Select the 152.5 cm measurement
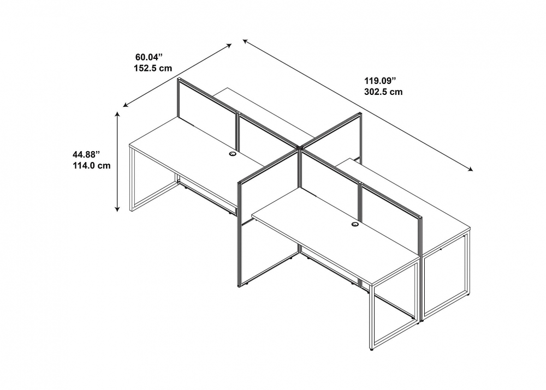coord(153,68)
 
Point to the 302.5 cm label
coord(383,92)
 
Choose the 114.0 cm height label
coord(90,166)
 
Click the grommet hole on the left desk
coord(232,155)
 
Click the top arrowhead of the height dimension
coord(117,113)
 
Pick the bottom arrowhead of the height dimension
coord(117,209)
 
